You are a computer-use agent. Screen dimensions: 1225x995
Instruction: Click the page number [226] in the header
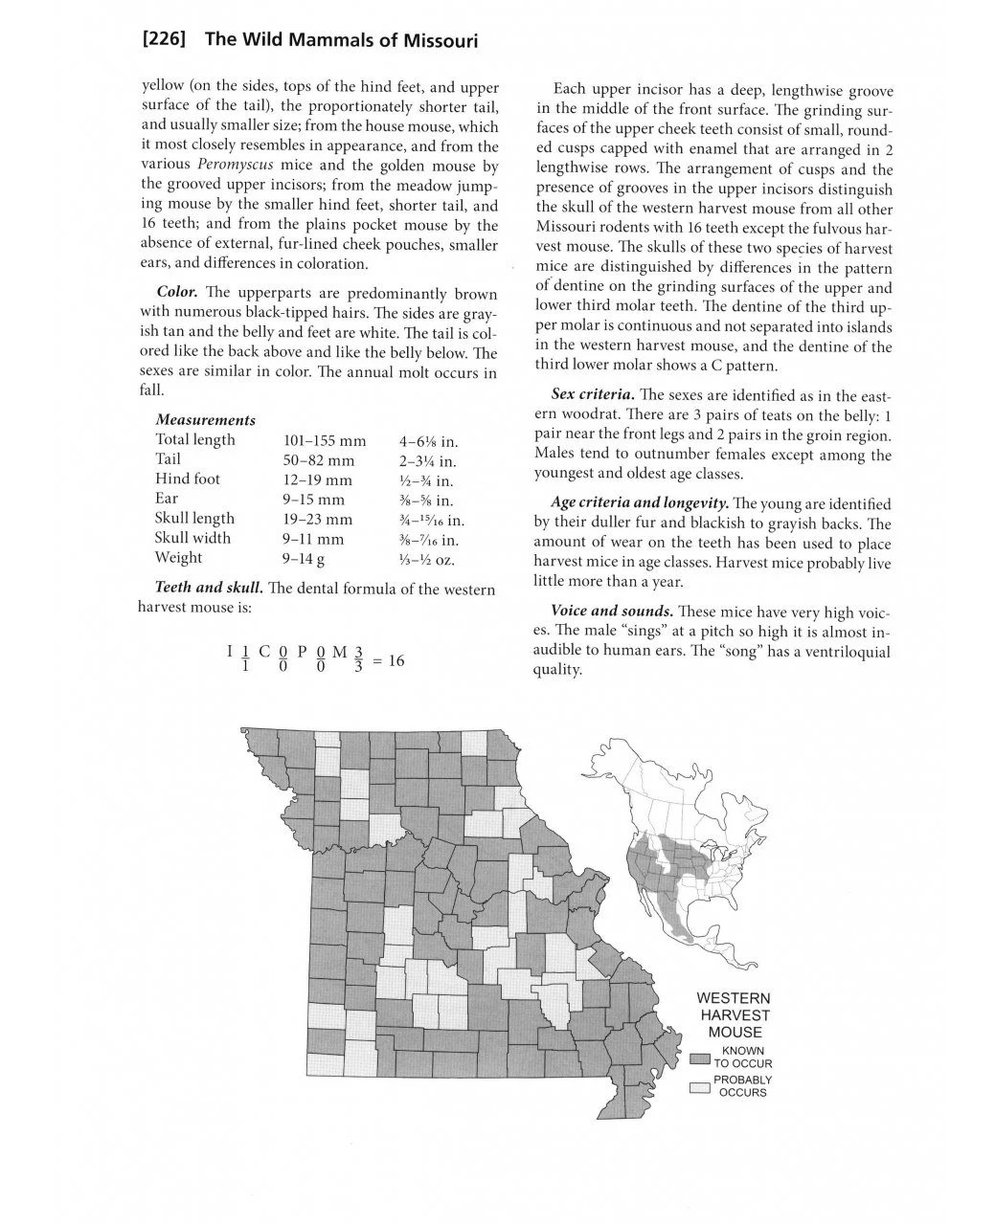163,41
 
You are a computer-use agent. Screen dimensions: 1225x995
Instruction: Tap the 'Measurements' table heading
205,420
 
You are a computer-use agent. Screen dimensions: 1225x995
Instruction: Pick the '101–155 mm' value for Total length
325,440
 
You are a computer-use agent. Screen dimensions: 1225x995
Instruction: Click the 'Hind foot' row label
188,479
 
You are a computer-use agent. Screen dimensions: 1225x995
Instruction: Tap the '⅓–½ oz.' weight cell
426,558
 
